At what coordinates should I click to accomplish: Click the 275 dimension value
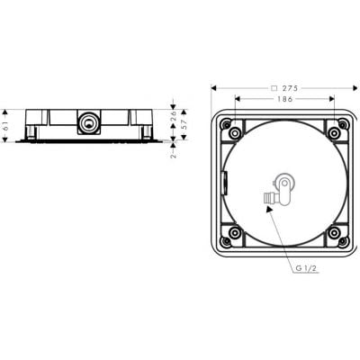(x=290, y=88)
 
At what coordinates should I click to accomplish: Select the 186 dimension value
(x=284, y=99)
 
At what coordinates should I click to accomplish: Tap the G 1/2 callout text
(x=306, y=268)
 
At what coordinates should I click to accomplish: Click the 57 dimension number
(x=184, y=124)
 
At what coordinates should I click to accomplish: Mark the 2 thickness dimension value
(x=174, y=156)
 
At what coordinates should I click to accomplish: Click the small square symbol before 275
(x=274, y=88)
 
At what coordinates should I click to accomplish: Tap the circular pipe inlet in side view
(x=88, y=122)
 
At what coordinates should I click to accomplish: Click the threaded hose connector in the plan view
(x=269, y=199)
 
